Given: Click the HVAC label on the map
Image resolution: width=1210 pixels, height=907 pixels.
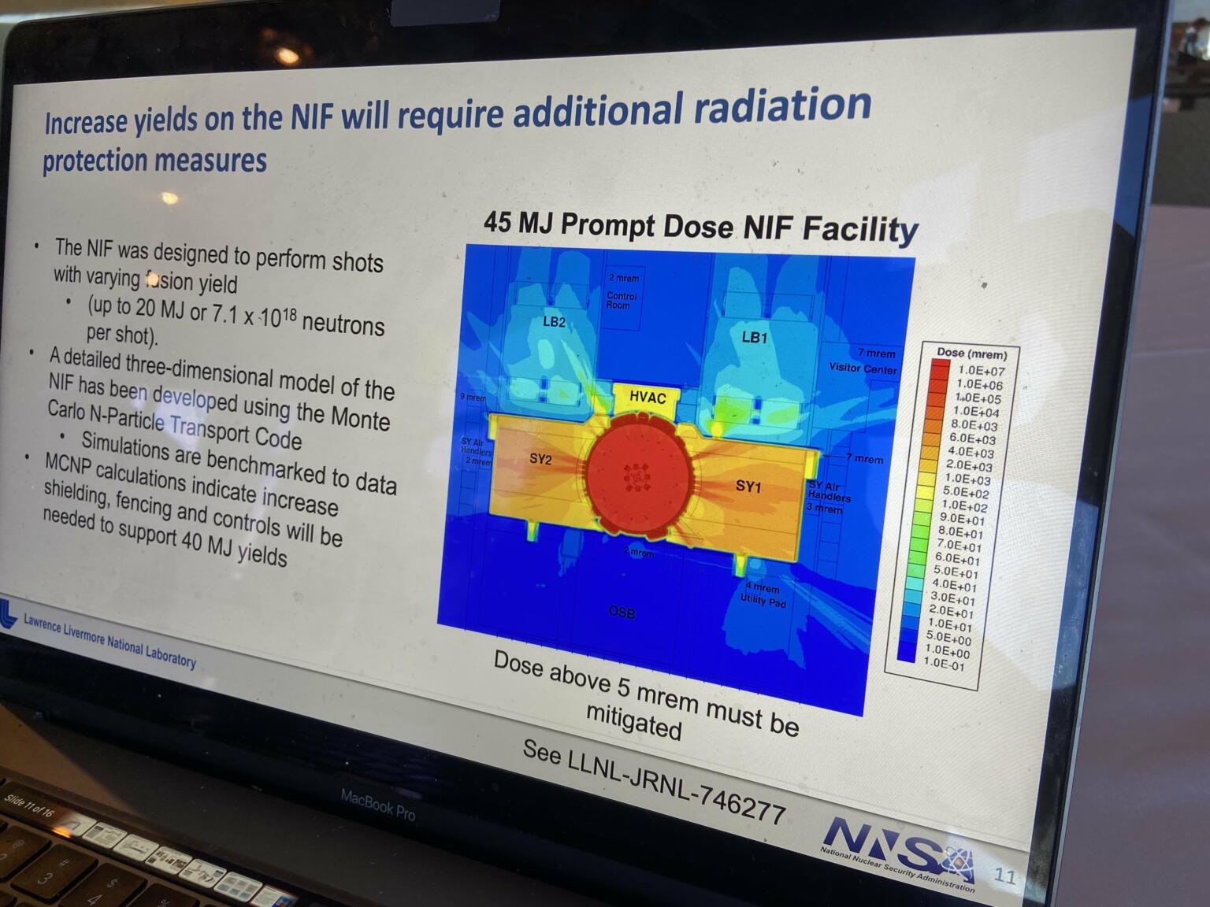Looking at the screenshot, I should click(x=648, y=398).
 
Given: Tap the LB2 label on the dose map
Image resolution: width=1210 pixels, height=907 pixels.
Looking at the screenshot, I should click(x=554, y=321).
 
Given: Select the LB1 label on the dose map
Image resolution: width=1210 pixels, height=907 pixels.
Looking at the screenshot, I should click(x=754, y=338).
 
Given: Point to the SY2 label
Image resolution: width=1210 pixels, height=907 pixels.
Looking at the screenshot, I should click(x=540, y=459).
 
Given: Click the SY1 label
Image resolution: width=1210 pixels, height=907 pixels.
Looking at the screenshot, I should click(x=748, y=487).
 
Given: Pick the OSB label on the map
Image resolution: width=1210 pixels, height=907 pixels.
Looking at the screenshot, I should click(x=622, y=612).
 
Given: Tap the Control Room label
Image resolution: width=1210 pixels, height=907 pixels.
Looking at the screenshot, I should click(x=622, y=300).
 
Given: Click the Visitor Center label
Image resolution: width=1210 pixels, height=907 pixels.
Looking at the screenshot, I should click(x=863, y=368).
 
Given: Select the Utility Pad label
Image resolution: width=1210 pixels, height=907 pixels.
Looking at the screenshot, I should click(x=763, y=601).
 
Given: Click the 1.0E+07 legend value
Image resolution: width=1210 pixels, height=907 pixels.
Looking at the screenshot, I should click(x=981, y=371).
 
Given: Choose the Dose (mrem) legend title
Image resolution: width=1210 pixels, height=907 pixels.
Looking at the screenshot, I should click(x=972, y=354).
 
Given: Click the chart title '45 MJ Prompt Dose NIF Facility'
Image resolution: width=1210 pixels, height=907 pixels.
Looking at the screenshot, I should click(x=700, y=227).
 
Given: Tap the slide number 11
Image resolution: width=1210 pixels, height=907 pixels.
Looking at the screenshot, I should click(x=1005, y=876).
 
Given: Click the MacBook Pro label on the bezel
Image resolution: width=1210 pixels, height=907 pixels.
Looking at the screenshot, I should click(x=377, y=805).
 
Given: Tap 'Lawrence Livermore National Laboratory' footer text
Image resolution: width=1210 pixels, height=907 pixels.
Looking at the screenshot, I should click(x=109, y=640).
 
